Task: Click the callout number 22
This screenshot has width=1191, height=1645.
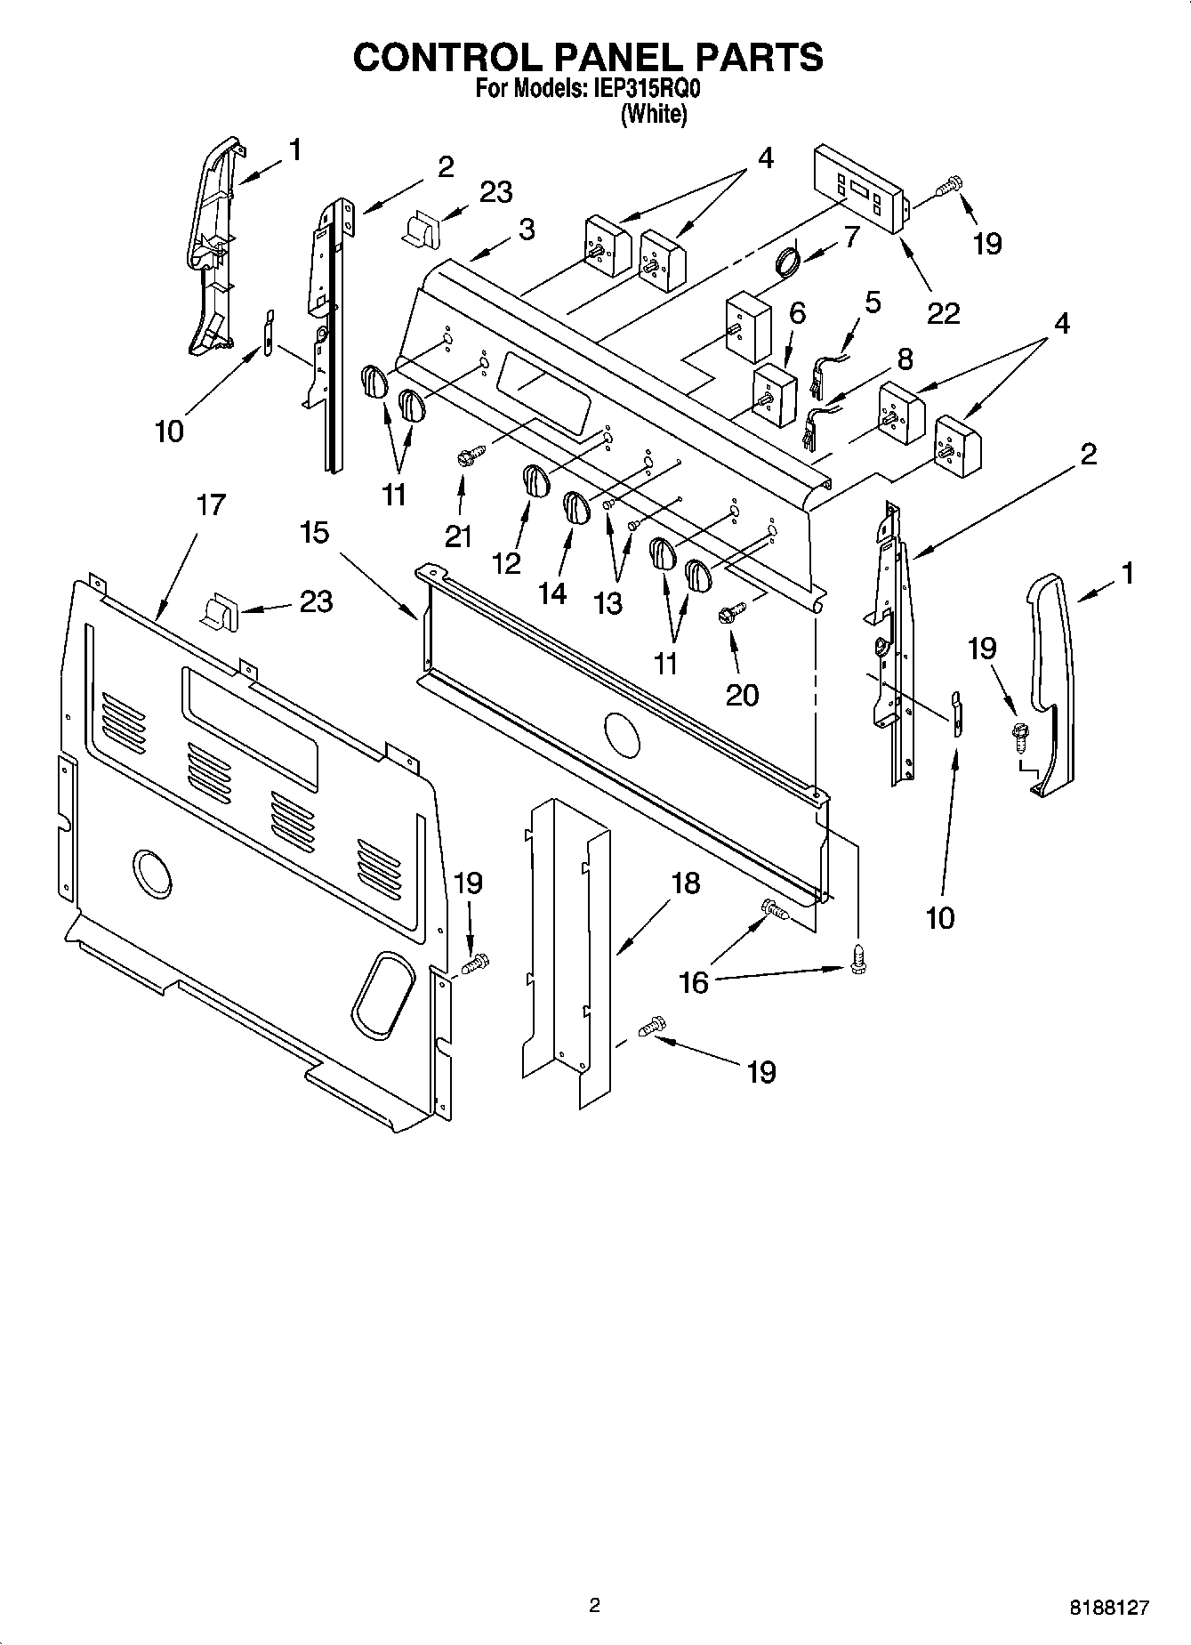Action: coord(944,312)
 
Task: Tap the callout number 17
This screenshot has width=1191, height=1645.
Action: coord(211,504)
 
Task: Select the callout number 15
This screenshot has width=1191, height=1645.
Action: coord(314,532)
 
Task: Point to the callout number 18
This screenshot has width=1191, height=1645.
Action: coord(686,883)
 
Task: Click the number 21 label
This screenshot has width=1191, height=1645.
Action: coord(459,536)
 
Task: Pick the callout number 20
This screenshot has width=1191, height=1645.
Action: coord(742,694)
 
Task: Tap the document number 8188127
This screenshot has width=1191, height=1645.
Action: coord(1109,1608)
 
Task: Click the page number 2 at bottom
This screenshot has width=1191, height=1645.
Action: coord(595,1605)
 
